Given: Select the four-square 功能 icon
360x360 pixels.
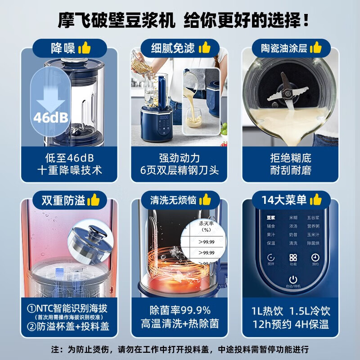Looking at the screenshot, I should [x=293, y=258].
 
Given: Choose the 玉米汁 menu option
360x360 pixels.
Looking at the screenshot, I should [x=314, y=234].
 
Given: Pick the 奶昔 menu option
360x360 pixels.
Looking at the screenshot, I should [x=293, y=234].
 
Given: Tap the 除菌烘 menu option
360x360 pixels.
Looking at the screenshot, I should [x=314, y=243].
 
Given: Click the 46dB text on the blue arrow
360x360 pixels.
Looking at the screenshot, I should [x=50, y=117].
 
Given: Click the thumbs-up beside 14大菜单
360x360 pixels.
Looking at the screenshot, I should [x=316, y=199].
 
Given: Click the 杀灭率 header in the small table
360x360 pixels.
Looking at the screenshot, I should [x=201, y=226].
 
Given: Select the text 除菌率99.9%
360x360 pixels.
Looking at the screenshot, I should [x=180, y=310].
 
